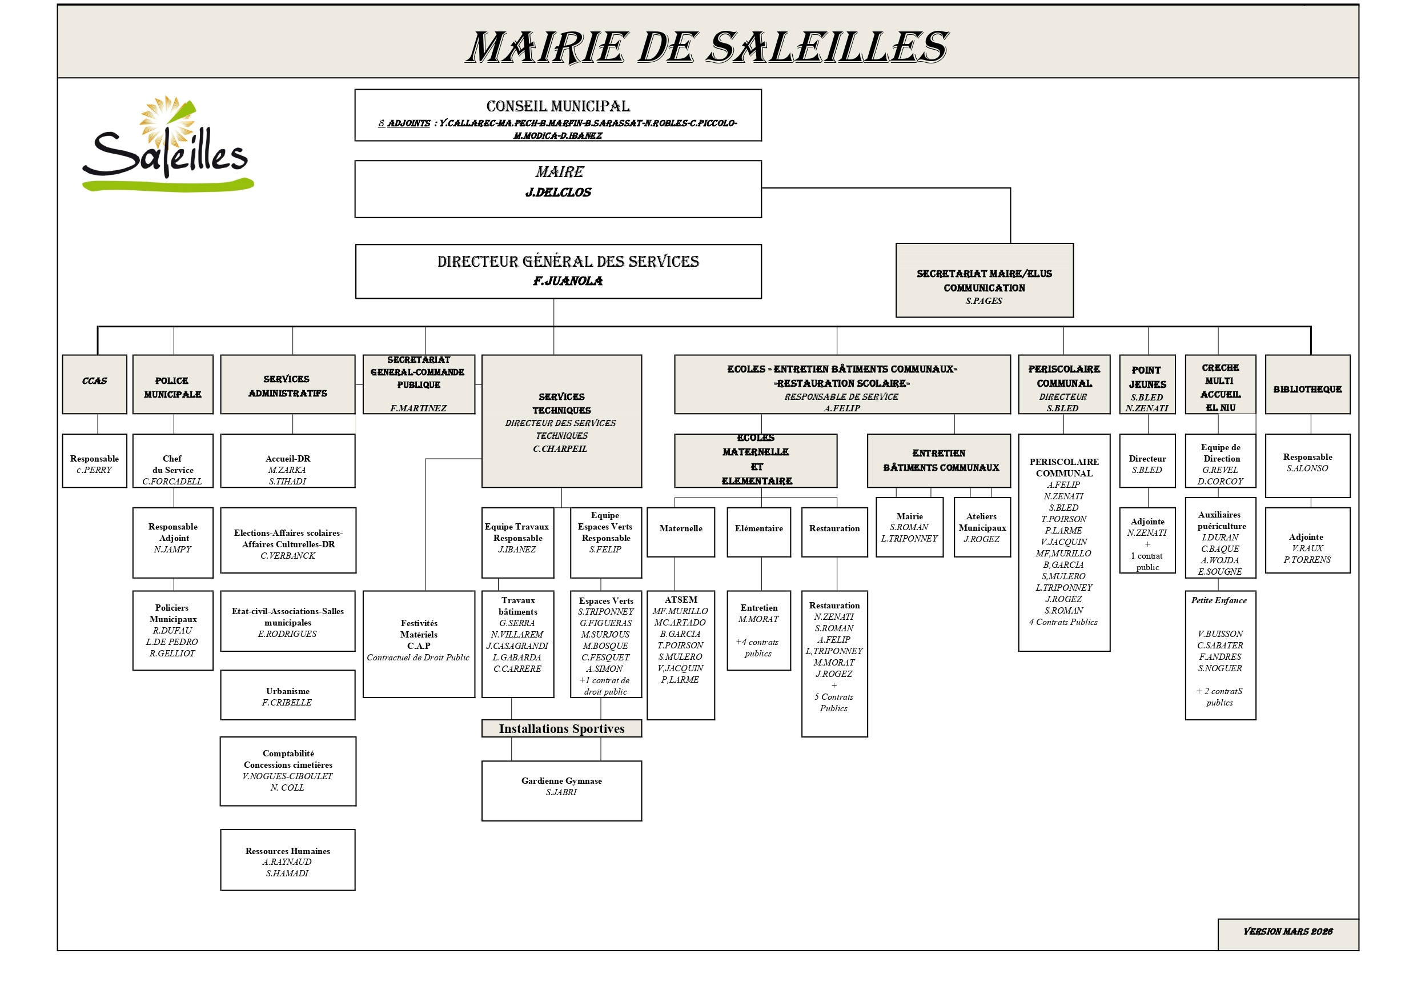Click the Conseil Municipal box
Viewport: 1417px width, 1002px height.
[557, 115]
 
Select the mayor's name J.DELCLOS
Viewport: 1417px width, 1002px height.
[558, 193]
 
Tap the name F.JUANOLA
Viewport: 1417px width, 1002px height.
[568, 281]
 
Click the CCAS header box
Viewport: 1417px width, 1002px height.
[94, 383]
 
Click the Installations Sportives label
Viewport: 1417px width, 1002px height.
[561, 728]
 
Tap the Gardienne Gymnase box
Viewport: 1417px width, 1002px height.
[561, 790]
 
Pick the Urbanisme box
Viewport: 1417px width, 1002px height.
[288, 695]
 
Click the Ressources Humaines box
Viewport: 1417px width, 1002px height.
[288, 859]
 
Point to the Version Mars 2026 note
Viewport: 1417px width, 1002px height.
[1287, 932]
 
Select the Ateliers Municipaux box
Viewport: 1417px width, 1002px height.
[982, 527]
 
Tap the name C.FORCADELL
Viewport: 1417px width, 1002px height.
[172, 482]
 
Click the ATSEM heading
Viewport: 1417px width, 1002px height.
[681, 599]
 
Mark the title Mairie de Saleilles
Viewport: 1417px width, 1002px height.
[707, 47]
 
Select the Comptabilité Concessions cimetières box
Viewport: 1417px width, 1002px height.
[288, 771]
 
